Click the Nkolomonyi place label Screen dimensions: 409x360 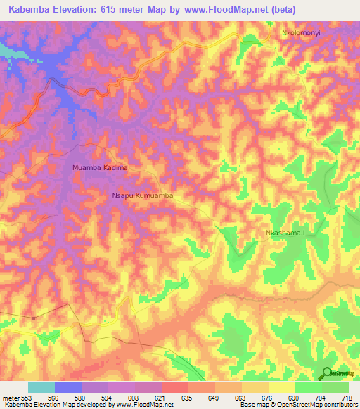point(303,32)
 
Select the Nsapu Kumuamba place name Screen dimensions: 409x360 point(143,197)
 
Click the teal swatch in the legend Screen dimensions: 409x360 point(41,387)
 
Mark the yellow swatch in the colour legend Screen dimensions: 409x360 point(281,387)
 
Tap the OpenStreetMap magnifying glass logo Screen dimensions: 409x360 point(327,372)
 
